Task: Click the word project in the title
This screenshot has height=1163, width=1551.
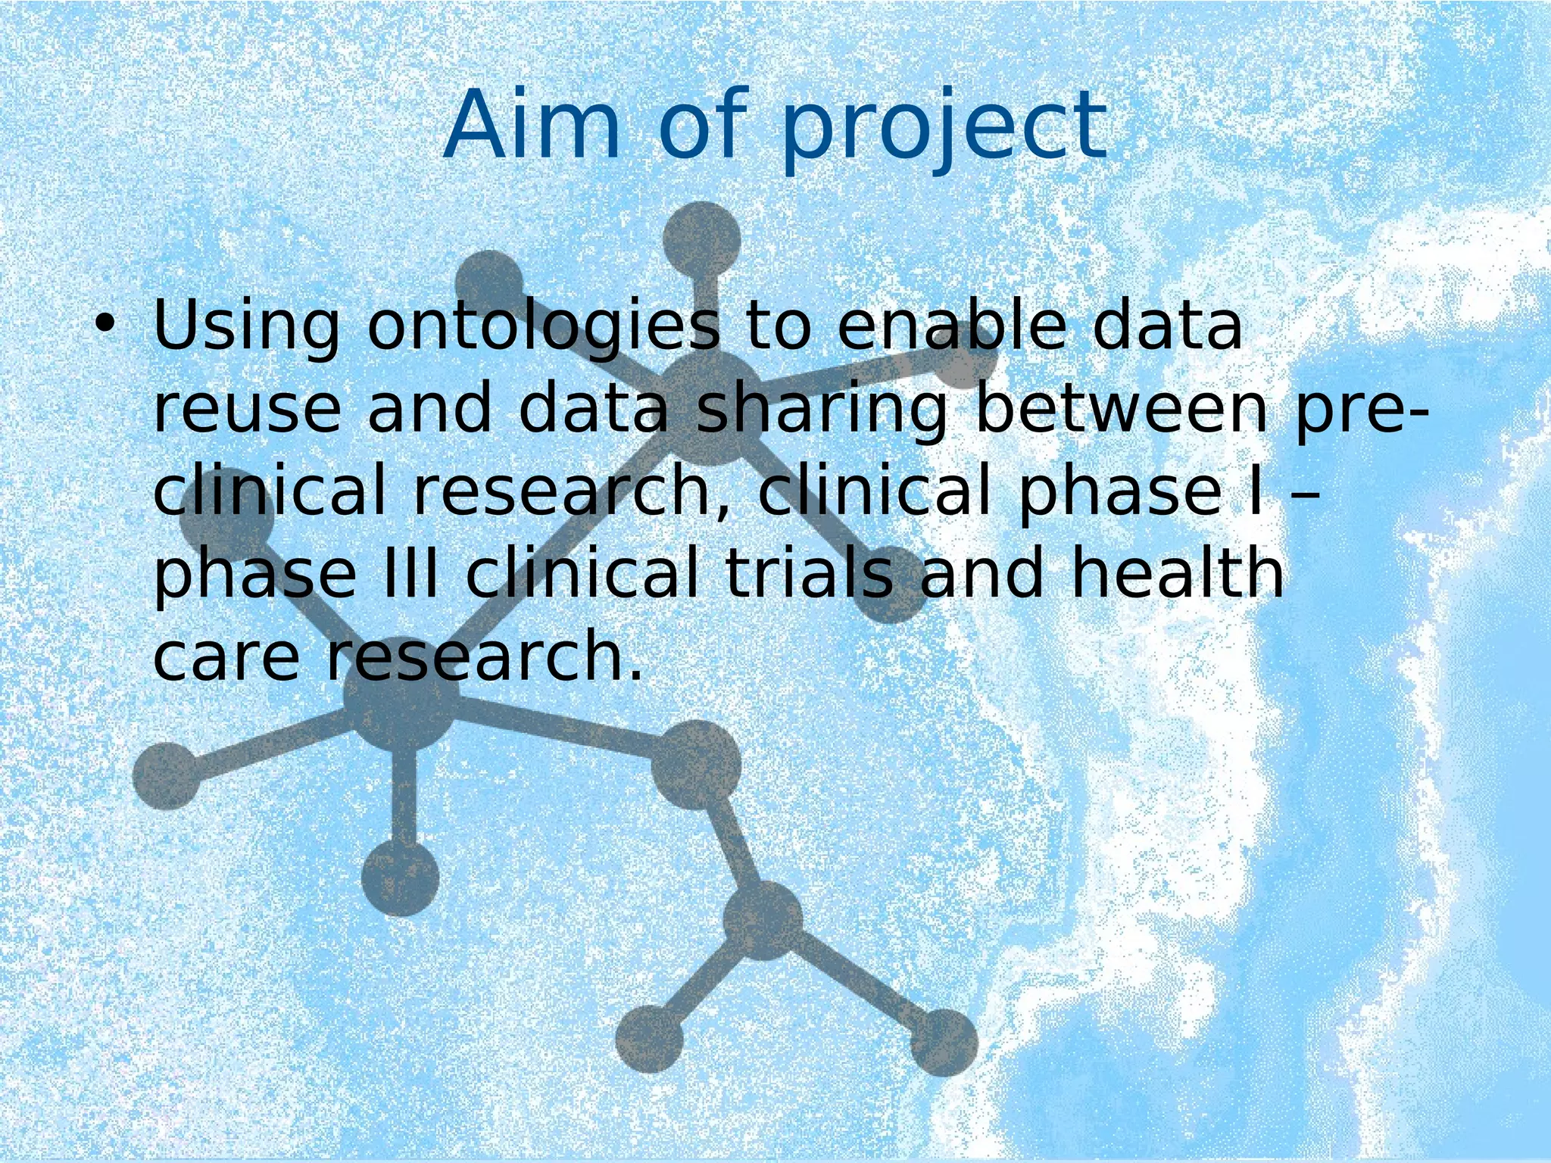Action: pos(944,129)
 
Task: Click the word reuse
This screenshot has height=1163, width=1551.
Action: pos(247,409)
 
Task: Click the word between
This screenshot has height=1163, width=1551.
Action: pos(1122,409)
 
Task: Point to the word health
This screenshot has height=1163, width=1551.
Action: pos(1178,573)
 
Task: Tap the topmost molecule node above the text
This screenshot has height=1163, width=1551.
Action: pos(701,239)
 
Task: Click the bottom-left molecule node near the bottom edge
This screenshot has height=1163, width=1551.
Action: pos(650,1039)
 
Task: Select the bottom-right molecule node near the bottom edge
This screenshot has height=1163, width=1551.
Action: pos(943,1043)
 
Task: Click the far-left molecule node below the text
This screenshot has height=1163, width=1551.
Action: pos(167,775)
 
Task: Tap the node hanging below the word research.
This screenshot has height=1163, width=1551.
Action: pos(400,878)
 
